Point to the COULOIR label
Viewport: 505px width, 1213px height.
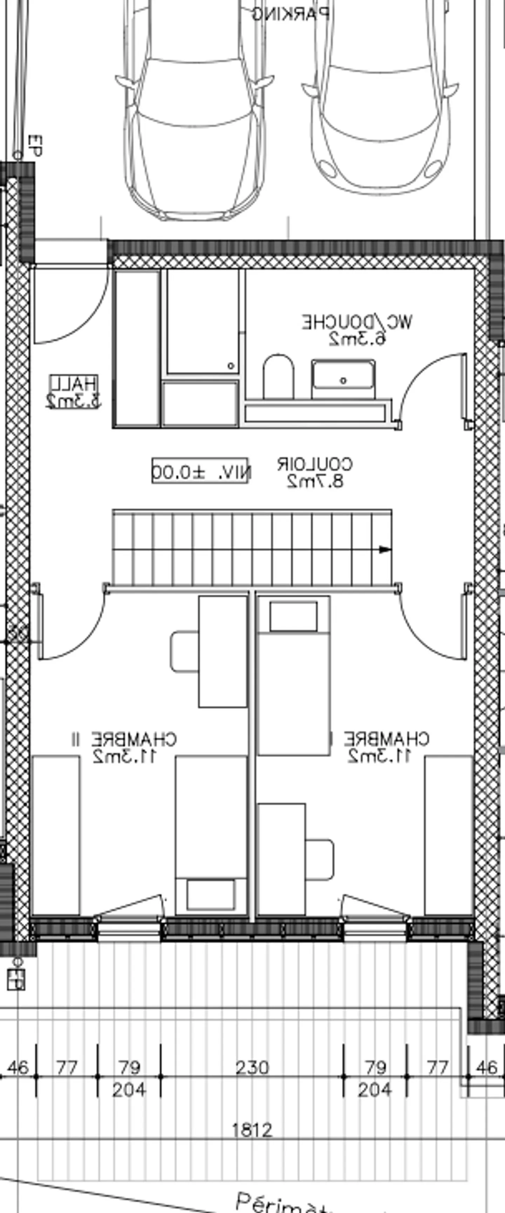coord(314,464)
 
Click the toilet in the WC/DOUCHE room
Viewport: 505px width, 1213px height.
coord(278,376)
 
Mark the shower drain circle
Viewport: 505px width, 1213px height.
coord(231,366)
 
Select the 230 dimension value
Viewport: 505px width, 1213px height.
coord(252,1067)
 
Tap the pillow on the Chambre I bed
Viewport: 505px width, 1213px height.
coord(293,616)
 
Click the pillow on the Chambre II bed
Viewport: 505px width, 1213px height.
coord(210,894)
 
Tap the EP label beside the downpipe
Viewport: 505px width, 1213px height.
coord(35,146)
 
